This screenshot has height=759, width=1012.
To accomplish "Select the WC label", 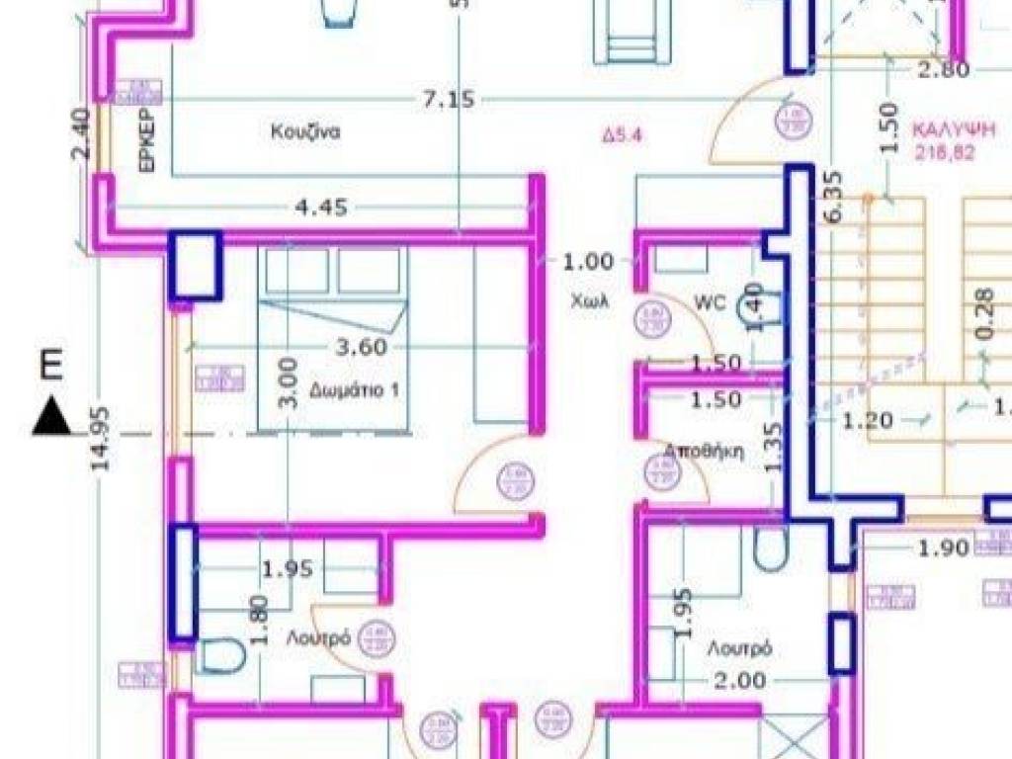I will (710, 301).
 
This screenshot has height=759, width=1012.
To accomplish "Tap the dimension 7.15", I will (450, 99).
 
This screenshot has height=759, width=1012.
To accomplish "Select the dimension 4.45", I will (321, 209).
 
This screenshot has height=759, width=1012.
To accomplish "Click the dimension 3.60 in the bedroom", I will (362, 347).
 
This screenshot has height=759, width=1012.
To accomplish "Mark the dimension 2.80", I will (942, 69).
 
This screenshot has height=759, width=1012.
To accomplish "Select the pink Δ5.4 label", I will (623, 136).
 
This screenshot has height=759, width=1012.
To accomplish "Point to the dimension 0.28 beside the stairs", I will (982, 314).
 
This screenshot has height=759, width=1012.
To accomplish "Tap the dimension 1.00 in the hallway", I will (588, 262).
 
